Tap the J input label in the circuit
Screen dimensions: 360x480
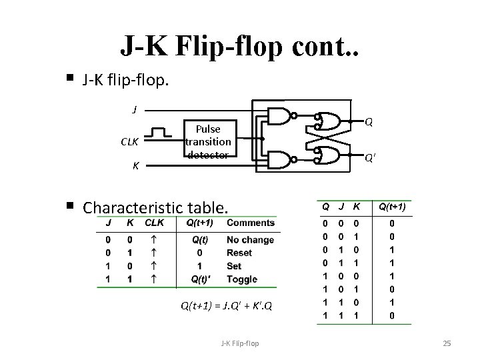point(135,109)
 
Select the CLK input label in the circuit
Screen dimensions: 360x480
point(129,141)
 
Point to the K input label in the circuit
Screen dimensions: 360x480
point(135,165)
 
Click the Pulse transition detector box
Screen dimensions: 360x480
point(208,141)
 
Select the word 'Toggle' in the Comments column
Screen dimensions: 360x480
point(241,279)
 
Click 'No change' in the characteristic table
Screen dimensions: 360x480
point(250,240)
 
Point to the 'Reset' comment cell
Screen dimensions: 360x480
point(239,253)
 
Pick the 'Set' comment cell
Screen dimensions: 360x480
point(235,266)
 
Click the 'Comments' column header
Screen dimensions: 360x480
point(250,223)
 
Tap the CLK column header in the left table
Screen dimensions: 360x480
point(155,223)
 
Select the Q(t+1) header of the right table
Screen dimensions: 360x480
point(393,207)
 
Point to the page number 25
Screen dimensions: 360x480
point(447,343)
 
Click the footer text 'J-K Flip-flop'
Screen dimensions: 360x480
point(240,343)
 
